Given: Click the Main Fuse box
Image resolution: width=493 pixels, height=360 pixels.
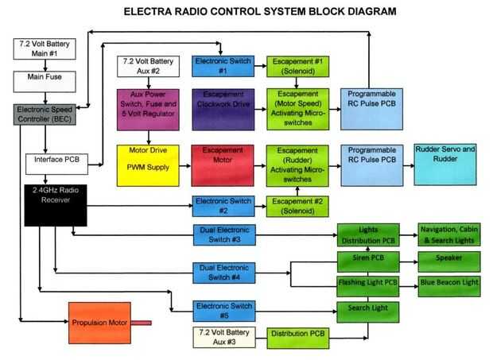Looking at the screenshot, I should [45, 79].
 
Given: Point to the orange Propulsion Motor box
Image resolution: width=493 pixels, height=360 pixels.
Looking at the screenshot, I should [99, 322].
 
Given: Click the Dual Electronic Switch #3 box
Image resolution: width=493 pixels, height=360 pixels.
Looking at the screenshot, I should [224, 234].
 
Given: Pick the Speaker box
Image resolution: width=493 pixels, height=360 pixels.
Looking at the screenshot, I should [450, 259].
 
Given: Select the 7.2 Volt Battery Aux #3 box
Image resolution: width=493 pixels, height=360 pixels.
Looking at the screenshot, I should [224, 336].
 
